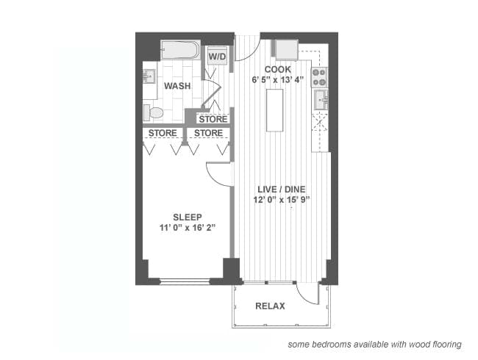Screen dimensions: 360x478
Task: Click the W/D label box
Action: tap(217, 57)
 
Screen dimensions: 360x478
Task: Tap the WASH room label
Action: tap(177, 86)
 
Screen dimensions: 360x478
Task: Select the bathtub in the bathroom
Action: tap(180, 50)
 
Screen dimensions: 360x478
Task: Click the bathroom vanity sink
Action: tap(149, 76)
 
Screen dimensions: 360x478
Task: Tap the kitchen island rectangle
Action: tap(275, 109)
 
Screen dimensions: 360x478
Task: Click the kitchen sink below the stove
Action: tap(320, 98)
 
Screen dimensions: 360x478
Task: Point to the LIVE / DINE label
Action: tap(277, 189)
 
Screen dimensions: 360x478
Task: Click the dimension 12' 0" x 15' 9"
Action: tap(277, 199)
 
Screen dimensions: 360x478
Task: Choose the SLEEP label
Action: tap(187, 217)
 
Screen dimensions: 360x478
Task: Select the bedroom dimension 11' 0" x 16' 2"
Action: tap(187, 228)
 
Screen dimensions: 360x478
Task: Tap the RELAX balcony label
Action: tap(270, 306)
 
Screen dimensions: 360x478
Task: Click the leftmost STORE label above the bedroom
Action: tap(163, 133)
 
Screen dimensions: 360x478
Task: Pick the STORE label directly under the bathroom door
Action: tap(213, 119)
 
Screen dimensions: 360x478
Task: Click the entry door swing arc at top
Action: tap(246, 50)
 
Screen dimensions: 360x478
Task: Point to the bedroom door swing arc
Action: tap(218, 173)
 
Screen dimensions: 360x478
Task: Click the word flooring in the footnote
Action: tap(444, 344)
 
